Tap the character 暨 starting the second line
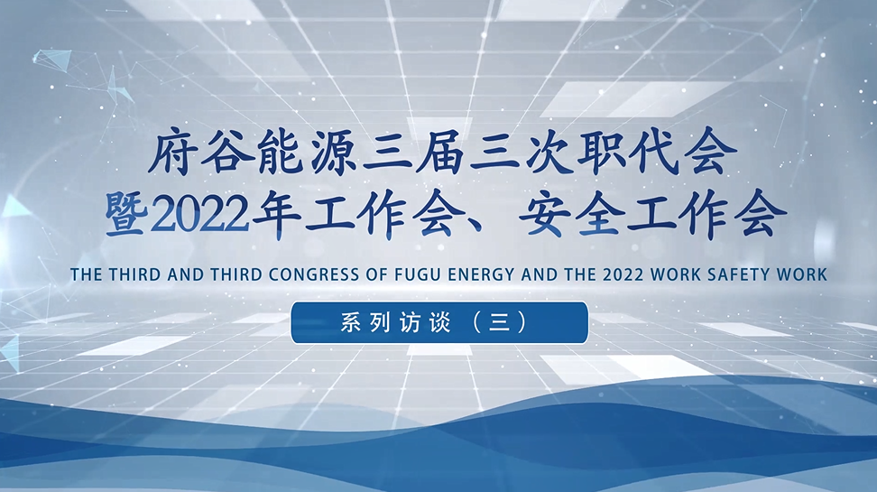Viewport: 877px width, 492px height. tap(127, 214)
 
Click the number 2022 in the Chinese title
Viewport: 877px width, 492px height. tap(199, 216)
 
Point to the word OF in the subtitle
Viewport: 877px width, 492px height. tap(377, 274)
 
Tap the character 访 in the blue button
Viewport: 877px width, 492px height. tap(409, 322)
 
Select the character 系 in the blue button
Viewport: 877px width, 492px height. tap(351, 322)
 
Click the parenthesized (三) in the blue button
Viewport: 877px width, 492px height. tap(500, 322)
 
